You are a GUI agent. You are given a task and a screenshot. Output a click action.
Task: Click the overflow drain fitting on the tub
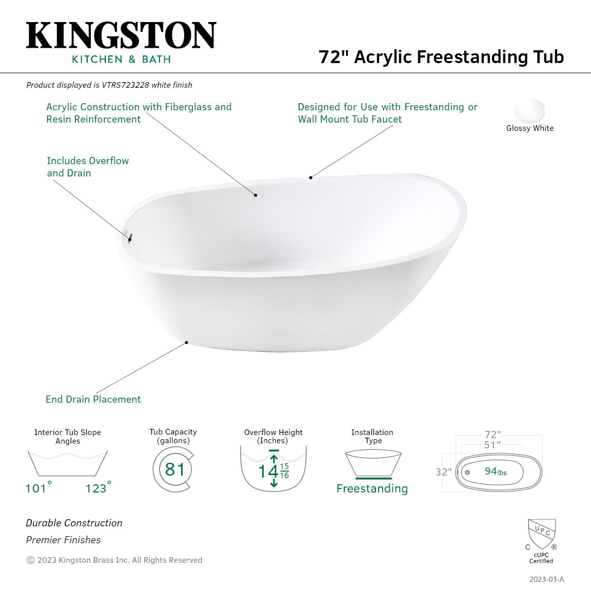click(130, 238)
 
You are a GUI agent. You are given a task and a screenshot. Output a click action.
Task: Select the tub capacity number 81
click(174, 469)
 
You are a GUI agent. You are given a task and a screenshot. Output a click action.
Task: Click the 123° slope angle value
click(97, 488)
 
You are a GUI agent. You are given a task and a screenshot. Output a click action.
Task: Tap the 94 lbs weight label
click(495, 471)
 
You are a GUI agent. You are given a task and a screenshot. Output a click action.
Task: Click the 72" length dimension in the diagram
click(493, 435)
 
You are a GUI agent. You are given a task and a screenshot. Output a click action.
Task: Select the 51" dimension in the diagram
click(492, 445)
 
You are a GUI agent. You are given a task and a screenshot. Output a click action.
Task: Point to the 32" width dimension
click(444, 472)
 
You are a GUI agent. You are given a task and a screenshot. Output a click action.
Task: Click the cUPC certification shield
click(542, 534)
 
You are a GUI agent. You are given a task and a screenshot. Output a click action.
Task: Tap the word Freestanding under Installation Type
click(372, 488)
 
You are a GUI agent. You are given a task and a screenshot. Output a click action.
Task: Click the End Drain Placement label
click(93, 399)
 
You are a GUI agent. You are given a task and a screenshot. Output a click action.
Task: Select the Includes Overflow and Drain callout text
click(88, 167)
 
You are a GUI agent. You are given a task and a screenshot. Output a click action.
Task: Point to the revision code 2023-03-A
click(546, 579)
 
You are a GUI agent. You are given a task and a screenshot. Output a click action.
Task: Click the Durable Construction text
click(74, 523)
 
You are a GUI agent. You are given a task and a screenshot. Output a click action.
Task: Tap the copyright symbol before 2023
click(30, 560)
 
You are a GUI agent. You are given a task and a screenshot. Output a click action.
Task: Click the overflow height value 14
click(268, 471)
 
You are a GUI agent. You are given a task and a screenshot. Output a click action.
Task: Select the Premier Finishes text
click(63, 540)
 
